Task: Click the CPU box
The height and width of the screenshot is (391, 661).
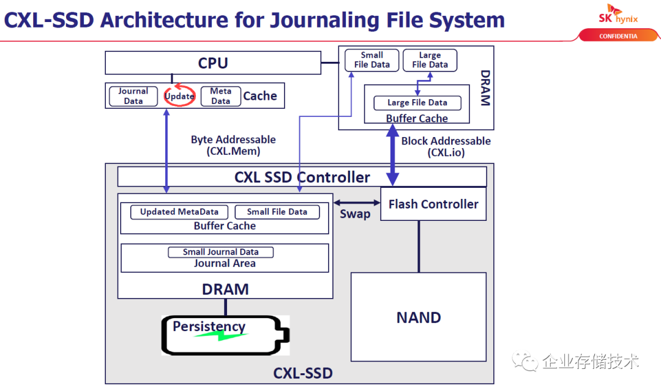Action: tap(213, 63)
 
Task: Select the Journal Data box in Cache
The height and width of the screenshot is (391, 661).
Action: tap(133, 96)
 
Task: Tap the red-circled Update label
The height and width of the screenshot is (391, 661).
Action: tap(179, 95)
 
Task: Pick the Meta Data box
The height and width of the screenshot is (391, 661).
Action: tap(220, 96)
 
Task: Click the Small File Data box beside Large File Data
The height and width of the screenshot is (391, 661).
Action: tap(372, 60)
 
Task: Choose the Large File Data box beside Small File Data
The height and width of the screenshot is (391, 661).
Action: tap(430, 60)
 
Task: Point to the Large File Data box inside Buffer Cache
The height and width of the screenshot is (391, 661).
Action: tap(417, 103)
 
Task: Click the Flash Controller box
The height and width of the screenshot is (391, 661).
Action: tap(433, 204)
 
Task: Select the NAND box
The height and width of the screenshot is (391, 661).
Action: tap(419, 317)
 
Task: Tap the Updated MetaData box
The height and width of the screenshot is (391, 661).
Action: tap(179, 212)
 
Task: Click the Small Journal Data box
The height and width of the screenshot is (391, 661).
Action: tap(221, 252)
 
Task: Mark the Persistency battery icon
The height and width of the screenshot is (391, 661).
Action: tap(225, 335)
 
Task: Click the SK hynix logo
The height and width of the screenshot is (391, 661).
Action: tap(618, 14)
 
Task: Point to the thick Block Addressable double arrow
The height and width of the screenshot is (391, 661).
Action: tap(392, 155)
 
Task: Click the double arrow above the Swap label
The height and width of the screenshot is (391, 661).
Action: tap(357, 203)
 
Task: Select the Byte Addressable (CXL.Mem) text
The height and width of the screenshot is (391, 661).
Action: tap(233, 146)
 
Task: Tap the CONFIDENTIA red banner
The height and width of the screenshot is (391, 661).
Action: tap(618, 36)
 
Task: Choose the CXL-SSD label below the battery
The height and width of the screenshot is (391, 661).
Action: tap(303, 373)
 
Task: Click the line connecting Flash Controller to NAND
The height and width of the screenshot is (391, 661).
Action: tap(419, 247)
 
